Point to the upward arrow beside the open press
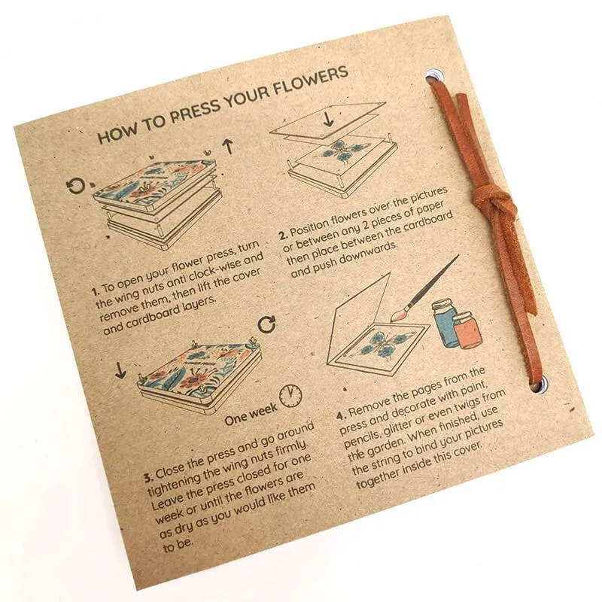pos(227,147)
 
